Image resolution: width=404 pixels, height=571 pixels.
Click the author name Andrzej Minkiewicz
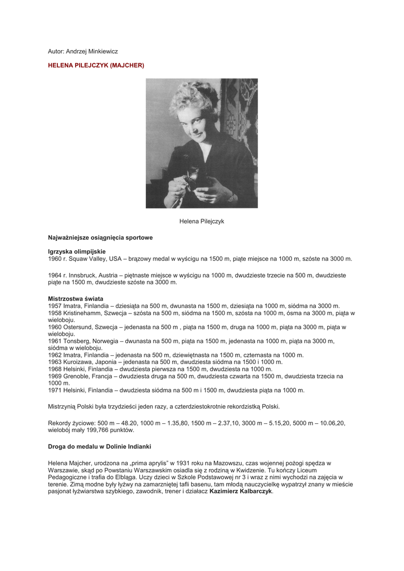pyautogui.click(x=92, y=51)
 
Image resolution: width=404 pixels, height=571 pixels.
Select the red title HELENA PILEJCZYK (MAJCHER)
pyautogui.click(x=96, y=65)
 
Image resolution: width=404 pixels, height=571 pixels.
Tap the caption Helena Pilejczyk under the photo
pyautogui.click(x=202, y=221)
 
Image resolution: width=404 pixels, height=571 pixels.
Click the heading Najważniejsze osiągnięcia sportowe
pyautogui.click(x=100, y=238)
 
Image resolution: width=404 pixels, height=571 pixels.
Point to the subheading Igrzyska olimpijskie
pyautogui.click(x=77, y=251)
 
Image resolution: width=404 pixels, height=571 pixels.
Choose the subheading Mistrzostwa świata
pyautogui.click(x=75, y=299)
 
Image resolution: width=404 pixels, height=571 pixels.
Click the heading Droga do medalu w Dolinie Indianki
pyautogui.click(x=100, y=447)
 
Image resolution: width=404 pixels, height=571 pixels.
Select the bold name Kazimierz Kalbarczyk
pyautogui.click(x=241, y=491)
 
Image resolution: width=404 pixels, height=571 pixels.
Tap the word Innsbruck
pyautogui.click(x=84, y=275)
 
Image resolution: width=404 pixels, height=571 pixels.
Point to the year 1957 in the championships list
pyautogui.click(x=55, y=306)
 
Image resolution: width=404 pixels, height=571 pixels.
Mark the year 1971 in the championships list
pyautogui.click(x=55, y=390)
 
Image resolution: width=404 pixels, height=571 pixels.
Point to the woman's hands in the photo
pyautogui.click(x=195, y=187)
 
